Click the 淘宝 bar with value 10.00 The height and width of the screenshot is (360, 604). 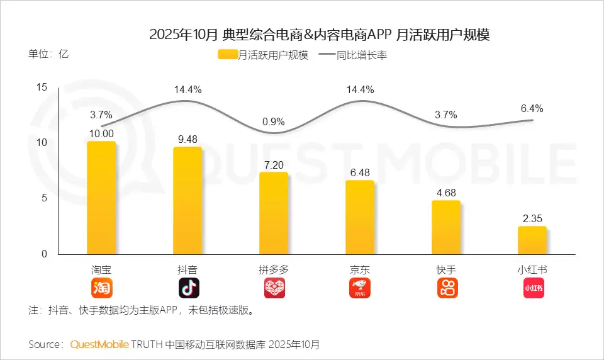(x=101, y=198)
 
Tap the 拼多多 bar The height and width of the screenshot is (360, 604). (x=274, y=213)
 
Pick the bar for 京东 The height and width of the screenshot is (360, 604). (x=360, y=217)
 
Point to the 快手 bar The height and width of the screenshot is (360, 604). (x=446, y=227)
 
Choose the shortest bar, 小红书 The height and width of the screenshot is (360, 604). (x=532, y=240)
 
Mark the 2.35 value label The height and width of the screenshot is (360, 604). (x=532, y=218)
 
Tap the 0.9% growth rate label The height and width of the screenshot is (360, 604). (x=274, y=121)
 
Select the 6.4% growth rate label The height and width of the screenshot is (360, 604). (x=532, y=108)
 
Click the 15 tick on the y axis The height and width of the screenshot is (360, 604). (x=42, y=87)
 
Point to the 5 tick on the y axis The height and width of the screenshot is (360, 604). (x=45, y=198)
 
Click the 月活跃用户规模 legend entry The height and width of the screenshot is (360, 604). (x=264, y=55)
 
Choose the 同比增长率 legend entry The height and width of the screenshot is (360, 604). (x=353, y=55)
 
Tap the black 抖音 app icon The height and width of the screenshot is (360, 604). (x=188, y=288)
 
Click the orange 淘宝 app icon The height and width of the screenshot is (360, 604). (x=102, y=288)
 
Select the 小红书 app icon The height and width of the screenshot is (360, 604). (x=532, y=288)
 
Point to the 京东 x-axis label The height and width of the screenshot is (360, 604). (x=360, y=269)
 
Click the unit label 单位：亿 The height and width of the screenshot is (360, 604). (x=48, y=53)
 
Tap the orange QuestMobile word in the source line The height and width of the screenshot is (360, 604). (x=99, y=344)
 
